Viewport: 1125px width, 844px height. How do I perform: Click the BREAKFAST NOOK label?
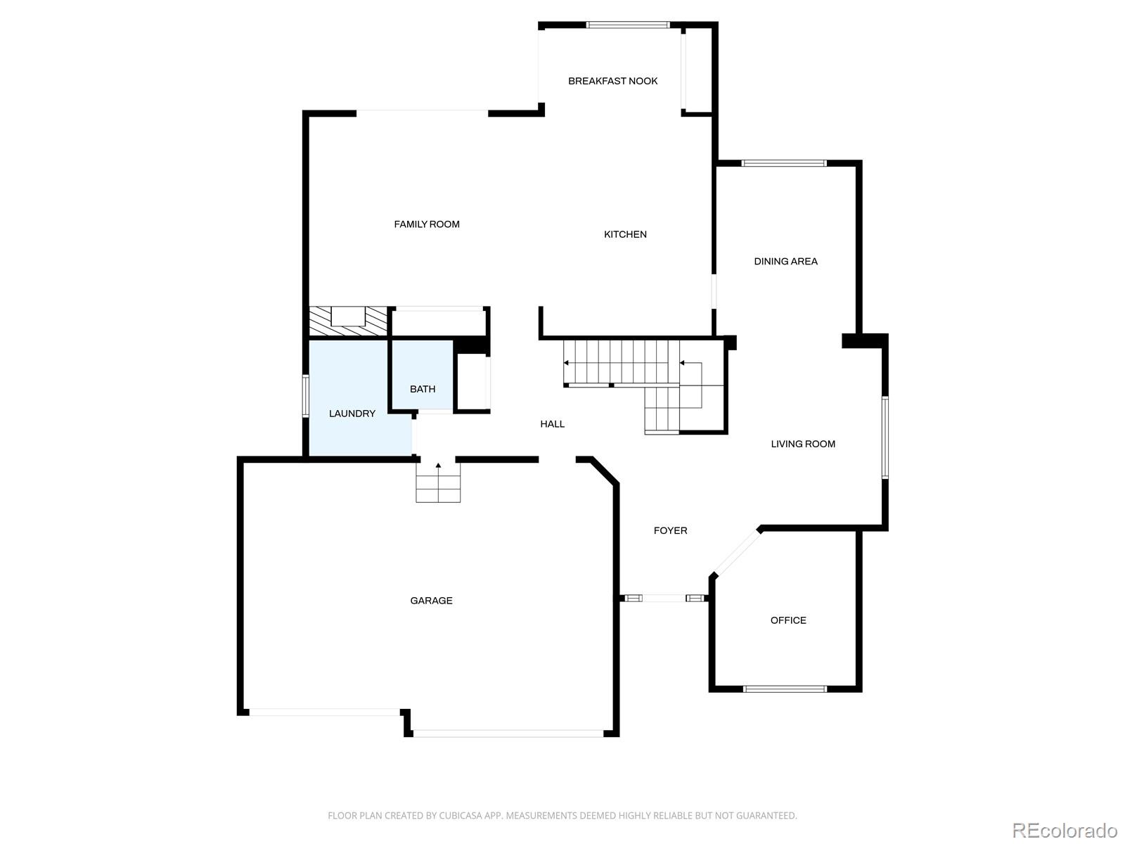click(x=612, y=81)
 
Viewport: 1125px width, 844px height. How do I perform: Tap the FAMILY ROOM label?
click(x=426, y=224)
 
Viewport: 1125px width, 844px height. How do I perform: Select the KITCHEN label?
click(x=625, y=234)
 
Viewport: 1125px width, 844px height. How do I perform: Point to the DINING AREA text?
click(x=785, y=262)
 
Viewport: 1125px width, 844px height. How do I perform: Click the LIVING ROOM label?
click(x=803, y=444)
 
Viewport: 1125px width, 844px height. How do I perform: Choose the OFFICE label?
click(x=787, y=620)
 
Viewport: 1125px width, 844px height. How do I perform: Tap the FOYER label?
click(x=670, y=530)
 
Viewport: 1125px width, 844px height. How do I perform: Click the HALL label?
click(x=552, y=424)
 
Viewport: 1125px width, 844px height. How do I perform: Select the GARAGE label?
click(x=431, y=600)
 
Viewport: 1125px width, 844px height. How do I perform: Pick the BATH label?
click(x=423, y=389)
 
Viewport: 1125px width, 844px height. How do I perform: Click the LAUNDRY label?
click(x=352, y=414)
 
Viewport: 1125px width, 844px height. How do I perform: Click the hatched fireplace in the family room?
click(x=348, y=321)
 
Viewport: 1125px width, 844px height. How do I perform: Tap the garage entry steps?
click(x=438, y=482)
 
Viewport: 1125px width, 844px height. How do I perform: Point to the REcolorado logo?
click(x=1065, y=830)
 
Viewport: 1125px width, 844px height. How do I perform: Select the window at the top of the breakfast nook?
click(x=628, y=25)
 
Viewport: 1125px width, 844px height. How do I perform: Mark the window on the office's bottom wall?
click(x=785, y=689)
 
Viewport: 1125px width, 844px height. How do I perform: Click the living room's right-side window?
click(x=885, y=437)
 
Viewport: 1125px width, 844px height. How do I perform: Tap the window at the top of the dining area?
click(x=784, y=163)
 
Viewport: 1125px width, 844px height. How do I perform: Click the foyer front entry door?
click(x=664, y=598)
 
